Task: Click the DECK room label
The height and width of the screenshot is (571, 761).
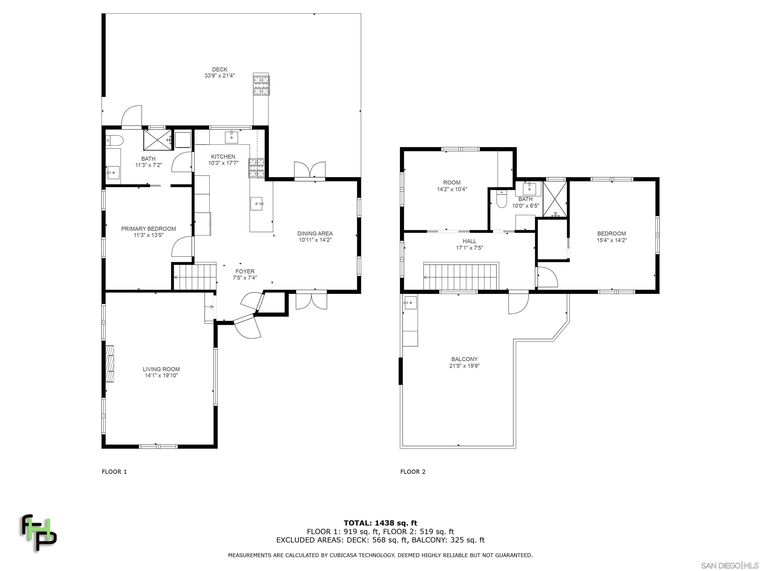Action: (219, 70)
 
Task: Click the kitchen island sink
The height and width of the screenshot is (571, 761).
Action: (257, 203)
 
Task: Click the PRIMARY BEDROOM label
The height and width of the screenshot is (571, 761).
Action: (148, 228)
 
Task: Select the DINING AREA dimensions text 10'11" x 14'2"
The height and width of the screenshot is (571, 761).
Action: (315, 240)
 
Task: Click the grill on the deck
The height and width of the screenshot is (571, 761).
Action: (261, 85)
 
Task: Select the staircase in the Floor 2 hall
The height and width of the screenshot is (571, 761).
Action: (461, 277)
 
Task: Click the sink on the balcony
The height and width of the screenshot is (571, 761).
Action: (410, 303)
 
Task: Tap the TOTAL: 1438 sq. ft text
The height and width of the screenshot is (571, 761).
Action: (380, 523)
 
